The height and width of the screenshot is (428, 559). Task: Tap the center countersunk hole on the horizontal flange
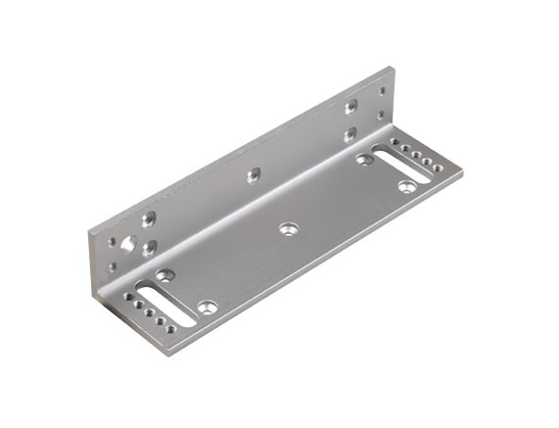pyautogui.click(x=286, y=228)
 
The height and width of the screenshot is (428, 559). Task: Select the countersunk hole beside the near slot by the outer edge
pyautogui.click(x=206, y=308)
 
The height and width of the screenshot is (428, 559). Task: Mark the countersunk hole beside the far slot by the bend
pyautogui.click(x=366, y=155)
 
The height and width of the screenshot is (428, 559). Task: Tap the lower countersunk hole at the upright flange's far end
pyautogui.click(x=348, y=129)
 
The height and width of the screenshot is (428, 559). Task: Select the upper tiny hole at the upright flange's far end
pyautogui.click(x=382, y=91)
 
